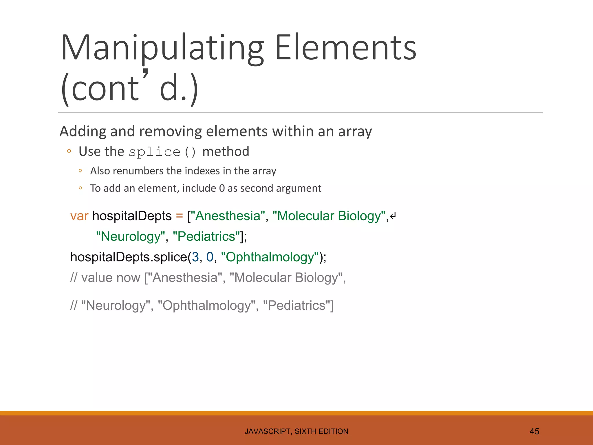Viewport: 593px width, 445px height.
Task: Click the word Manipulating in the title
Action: (x=162, y=48)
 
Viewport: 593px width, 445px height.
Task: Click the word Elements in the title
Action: (x=345, y=48)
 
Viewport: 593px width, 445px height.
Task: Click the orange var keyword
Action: (x=79, y=216)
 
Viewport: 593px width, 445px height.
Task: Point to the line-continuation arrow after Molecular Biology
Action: (x=393, y=216)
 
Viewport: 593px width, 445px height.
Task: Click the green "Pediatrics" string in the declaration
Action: (x=206, y=236)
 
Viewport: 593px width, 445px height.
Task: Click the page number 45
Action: (x=534, y=431)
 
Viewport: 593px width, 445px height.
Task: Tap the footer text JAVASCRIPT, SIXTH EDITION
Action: (x=296, y=431)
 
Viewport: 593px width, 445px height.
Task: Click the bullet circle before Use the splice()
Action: (x=69, y=151)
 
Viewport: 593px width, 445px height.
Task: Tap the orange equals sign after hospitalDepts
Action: (x=180, y=216)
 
